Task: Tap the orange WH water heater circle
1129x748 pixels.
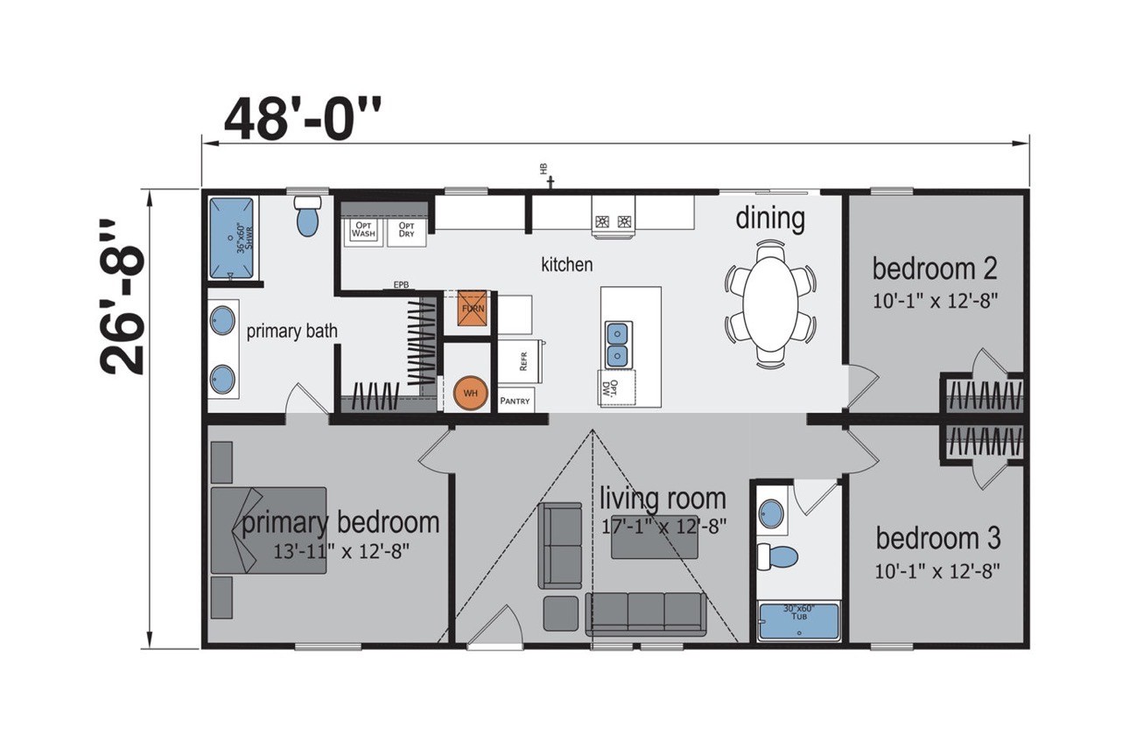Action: [x=471, y=393]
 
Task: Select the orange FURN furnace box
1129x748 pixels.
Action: [x=471, y=309]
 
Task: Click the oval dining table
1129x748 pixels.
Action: [x=771, y=290]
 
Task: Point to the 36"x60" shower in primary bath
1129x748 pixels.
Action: [x=232, y=236]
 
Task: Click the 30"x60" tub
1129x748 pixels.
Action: [x=798, y=621]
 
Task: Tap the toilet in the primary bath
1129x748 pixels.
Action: [x=307, y=216]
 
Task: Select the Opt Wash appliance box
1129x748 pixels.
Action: [x=363, y=229]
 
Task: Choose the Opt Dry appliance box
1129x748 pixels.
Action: [x=406, y=229]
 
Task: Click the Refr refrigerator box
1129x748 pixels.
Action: [x=522, y=360]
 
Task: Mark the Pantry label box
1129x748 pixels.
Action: [x=515, y=401]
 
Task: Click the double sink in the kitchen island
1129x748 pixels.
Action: [x=617, y=344]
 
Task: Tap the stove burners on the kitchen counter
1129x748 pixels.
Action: [x=614, y=221]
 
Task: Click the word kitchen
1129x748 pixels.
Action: [x=566, y=264]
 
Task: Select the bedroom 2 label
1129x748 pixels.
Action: [x=935, y=268]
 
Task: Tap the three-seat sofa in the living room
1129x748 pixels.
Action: [x=646, y=612]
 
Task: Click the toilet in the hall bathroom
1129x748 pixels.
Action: [x=777, y=556]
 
